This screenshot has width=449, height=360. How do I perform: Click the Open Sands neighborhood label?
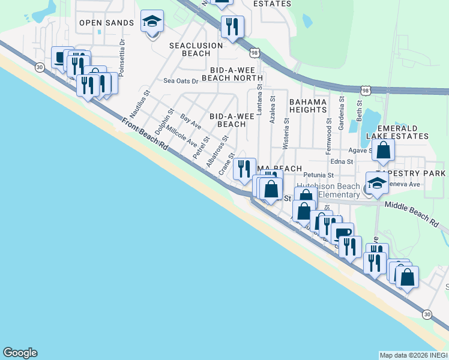pyautogui.click(x=106, y=23)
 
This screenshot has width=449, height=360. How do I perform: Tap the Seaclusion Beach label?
pyautogui.click(x=196, y=49)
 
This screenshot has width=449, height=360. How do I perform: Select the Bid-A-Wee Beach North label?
pyautogui.click(x=232, y=73)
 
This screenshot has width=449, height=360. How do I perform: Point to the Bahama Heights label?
pyautogui.click(x=308, y=106)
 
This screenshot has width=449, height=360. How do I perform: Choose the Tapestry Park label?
pyautogui.click(x=426, y=173)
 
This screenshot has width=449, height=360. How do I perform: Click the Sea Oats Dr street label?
pyautogui.click(x=181, y=81)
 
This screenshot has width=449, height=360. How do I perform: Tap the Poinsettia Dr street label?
pyautogui.click(x=122, y=58)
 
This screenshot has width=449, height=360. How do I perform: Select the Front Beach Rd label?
pyautogui.click(x=145, y=134)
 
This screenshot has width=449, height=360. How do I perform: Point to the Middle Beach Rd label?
pyautogui.click(x=411, y=213)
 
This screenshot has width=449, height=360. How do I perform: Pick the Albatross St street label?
pyautogui.click(x=217, y=151)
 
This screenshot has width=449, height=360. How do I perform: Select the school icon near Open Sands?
pyautogui.click(x=152, y=22)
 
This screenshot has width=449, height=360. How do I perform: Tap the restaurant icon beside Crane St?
pyautogui.click(x=244, y=169)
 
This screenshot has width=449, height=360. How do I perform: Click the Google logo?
pyautogui.click(x=20, y=353)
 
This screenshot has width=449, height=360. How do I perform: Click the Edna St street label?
pyautogui.click(x=341, y=161)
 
